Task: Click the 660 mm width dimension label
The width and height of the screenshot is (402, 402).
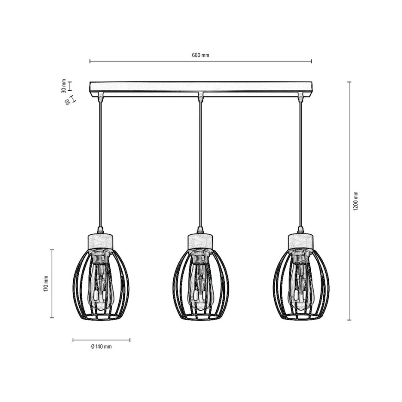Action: pos(201,55)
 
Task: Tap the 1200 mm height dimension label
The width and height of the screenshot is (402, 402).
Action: pos(356,201)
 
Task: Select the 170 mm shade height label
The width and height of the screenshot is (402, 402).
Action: pos(46,283)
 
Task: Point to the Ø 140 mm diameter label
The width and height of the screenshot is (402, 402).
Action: pos(101,346)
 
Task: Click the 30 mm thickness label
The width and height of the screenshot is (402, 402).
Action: pos(63,86)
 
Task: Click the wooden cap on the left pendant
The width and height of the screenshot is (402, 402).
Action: pos(100,241)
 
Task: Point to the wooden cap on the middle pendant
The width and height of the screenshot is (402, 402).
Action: pos(201,241)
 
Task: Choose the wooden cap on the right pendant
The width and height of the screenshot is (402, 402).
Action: pos(301,241)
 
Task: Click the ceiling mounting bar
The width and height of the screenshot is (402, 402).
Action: pos(201,87)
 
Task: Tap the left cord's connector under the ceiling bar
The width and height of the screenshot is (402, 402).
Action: pos(100,96)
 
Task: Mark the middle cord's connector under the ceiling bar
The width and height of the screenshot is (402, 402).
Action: pos(201,96)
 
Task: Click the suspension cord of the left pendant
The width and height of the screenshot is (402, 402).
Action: pos(100,162)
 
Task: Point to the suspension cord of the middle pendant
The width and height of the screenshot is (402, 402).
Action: pos(201,162)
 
